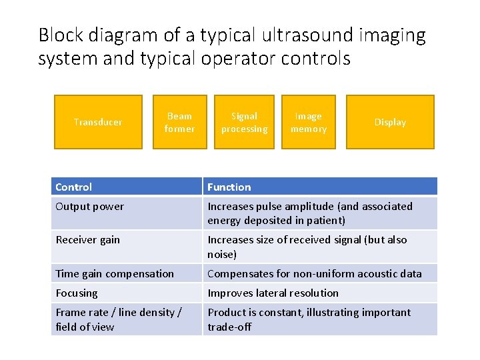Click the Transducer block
pyautogui.click(x=98, y=122)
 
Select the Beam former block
pyautogui.click(x=179, y=122)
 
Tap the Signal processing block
pyautogui.click(x=244, y=122)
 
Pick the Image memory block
pyautogui.click(x=309, y=122)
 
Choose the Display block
pyautogui.click(x=390, y=122)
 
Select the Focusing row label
pyautogui.click(x=77, y=293)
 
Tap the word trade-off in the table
pyautogui.click(x=229, y=327)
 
